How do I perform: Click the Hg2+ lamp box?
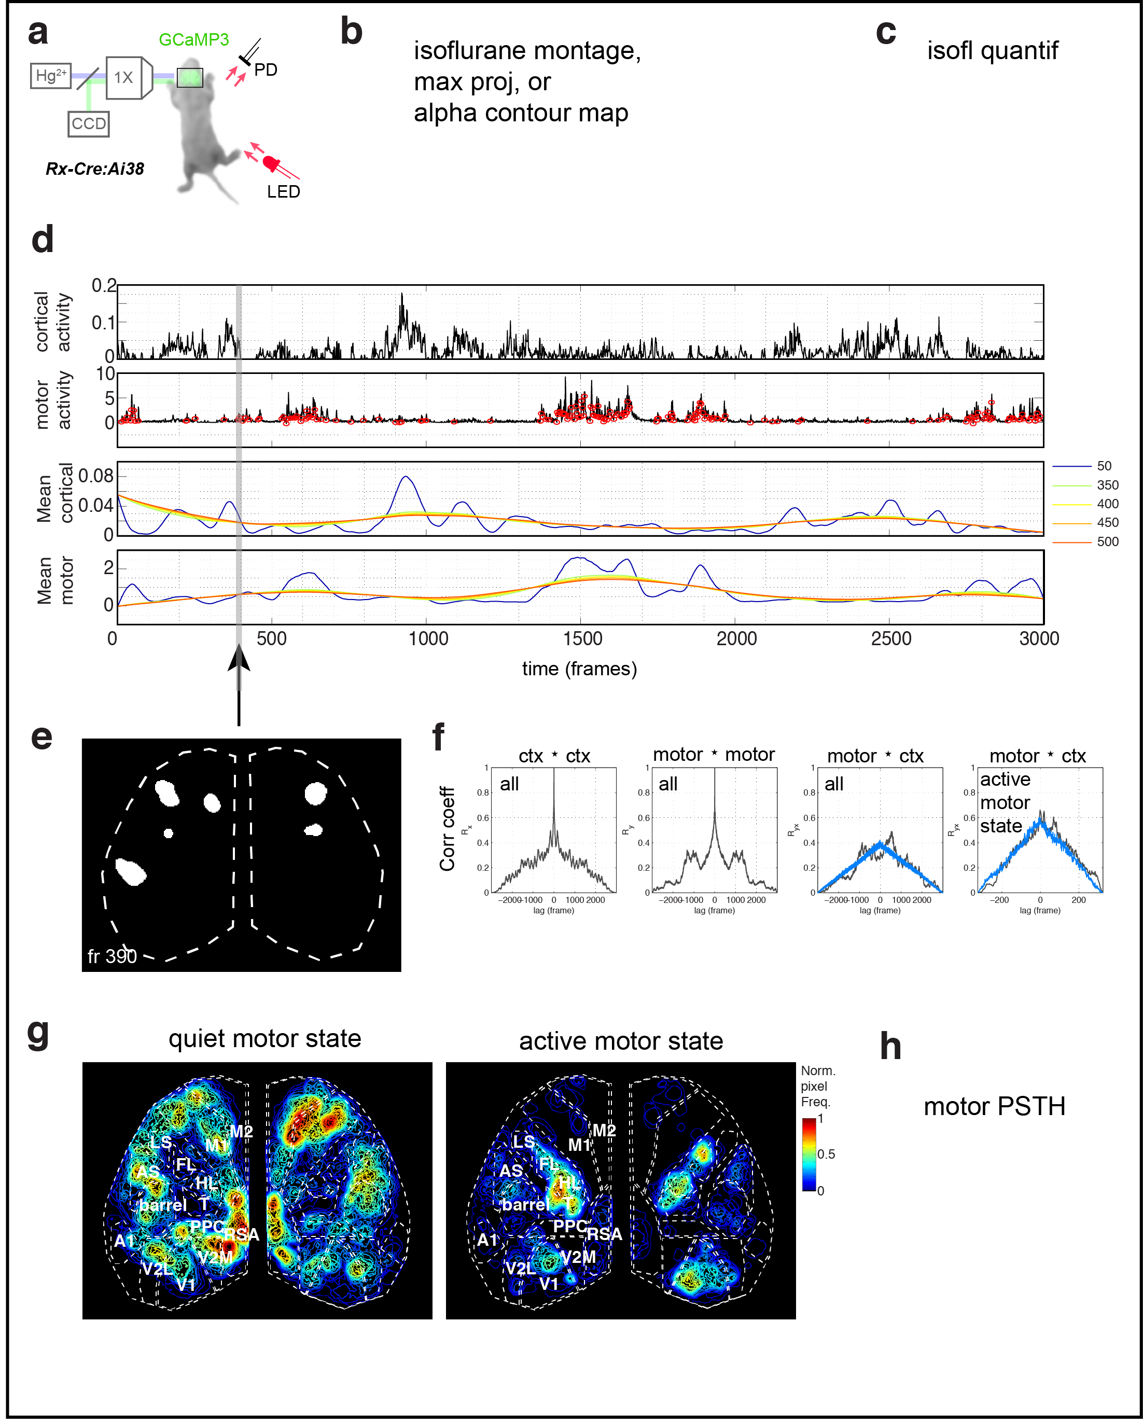pyautogui.click(x=51, y=76)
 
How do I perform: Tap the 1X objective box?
pyautogui.click(x=124, y=77)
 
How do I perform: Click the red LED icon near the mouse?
pyautogui.click(x=271, y=162)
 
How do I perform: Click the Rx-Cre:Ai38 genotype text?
pyautogui.click(x=94, y=169)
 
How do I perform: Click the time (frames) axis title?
pyautogui.click(x=579, y=669)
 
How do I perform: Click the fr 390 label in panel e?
pyautogui.click(x=112, y=956)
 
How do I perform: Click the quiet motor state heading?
pyautogui.click(x=264, y=1038)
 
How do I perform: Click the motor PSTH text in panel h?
pyautogui.click(x=994, y=1106)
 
